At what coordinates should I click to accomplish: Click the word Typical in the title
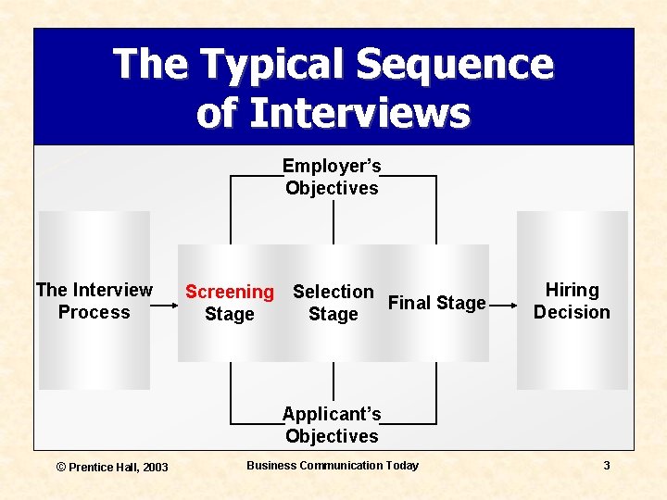tap(272, 66)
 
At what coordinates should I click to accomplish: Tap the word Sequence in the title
tap(454, 66)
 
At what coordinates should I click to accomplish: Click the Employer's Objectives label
tap(332, 177)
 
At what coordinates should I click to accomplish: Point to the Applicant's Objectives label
tap(332, 425)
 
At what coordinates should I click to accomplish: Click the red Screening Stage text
tap(230, 303)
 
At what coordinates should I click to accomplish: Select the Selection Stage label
tap(333, 303)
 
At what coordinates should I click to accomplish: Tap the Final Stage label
tap(436, 303)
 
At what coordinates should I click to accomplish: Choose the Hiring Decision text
tap(572, 301)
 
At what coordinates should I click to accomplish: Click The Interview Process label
tap(94, 301)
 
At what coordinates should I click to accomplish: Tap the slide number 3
tap(607, 466)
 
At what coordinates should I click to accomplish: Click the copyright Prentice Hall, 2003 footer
tap(112, 467)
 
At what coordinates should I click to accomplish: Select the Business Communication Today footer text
tap(333, 466)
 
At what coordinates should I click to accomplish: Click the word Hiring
tap(572, 291)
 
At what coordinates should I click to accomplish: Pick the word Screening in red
tap(230, 292)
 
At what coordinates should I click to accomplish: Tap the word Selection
tap(333, 292)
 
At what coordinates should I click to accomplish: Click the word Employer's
tap(332, 167)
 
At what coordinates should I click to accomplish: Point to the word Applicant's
tap(332, 414)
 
